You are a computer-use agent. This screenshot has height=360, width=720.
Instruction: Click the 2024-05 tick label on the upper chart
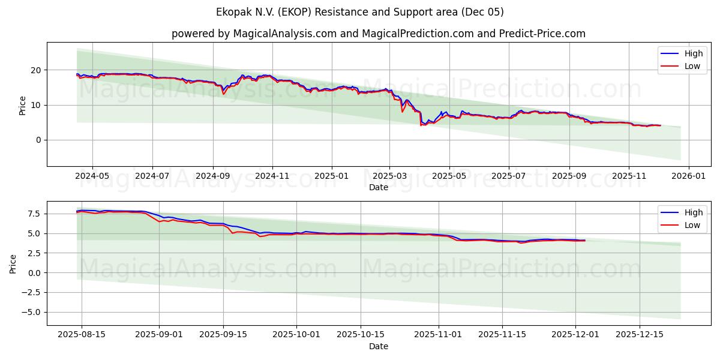pyautogui.click(x=92, y=176)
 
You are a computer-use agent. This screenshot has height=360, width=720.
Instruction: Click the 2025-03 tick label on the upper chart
pyautogui.click(x=389, y=176)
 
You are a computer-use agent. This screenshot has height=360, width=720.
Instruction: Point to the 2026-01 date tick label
pyautogui.click(x=688, y=176)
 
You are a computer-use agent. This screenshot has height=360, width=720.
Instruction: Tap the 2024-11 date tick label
pyautogui.click(x=272, y=176)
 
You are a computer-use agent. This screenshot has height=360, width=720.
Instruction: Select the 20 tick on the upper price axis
pyautogui.click(x=36, y=70)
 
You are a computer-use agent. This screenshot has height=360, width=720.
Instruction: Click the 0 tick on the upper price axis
pyautogui.click(x=38, y=140)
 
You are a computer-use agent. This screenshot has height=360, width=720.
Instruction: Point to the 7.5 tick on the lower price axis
pyautogui.click(x=34, y=214)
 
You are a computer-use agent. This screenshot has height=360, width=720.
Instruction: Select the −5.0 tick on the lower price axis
pyautogui.click(x=31, y=312)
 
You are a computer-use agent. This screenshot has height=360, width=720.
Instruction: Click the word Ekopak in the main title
pyautogui.click(x=232, y=12)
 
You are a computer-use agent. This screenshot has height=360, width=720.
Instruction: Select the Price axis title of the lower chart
pyautogui.click(x=14, y=263)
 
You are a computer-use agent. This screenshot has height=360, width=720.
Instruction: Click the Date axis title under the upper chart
pyautogui.click(x=379, y=187)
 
